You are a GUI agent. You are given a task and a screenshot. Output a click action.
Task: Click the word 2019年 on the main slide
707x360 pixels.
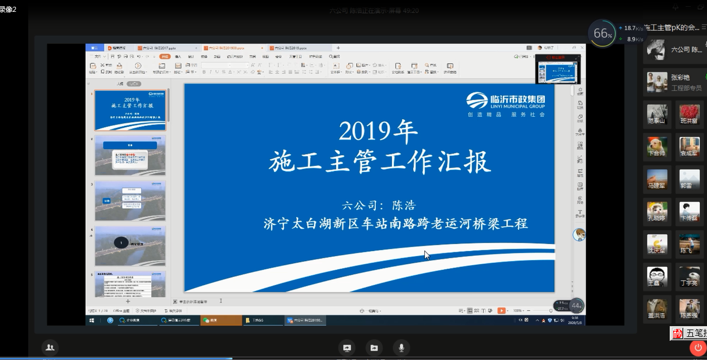[x=378, y=131]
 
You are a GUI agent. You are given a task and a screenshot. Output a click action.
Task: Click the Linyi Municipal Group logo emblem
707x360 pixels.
[x=477, y=100]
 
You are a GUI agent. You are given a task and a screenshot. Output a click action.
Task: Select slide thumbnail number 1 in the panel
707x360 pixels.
[x=130, y=110]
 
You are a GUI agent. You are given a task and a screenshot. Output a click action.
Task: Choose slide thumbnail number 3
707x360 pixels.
[x=130, y=200]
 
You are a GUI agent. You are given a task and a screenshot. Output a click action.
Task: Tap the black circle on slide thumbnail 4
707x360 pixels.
[x=121, y=243]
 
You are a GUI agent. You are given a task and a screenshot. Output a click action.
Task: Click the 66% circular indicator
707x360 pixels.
[x=602, y=34]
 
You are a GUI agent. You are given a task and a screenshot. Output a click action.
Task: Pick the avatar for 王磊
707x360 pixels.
[x=657, y=276]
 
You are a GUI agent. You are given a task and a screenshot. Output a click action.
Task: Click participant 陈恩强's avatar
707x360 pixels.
[x=690, y=308]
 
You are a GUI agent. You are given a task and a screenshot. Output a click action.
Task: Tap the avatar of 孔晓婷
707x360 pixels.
[x=657, y=210]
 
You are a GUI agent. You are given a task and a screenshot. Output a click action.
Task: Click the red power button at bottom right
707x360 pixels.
[x=698, y=348]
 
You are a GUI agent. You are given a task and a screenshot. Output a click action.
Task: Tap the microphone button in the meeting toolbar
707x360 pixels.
[x=401, y=348]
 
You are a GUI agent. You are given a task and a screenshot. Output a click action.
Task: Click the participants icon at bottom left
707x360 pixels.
[x=50, y=348]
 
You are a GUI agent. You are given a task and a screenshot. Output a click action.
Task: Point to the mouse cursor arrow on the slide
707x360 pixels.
[x=427, y=255]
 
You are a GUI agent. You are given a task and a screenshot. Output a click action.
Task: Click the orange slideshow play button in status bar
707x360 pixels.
[x=501, y=310]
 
